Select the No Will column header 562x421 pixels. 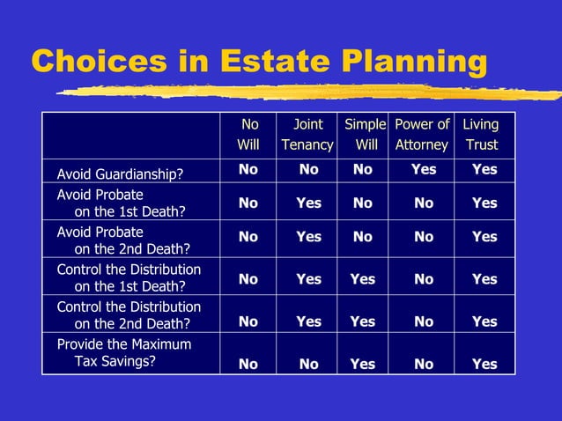(x=248, y=135)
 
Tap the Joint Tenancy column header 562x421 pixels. (x=307, y=135)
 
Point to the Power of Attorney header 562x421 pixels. (x=422, y=135)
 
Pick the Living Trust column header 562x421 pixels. (x=482, y=135)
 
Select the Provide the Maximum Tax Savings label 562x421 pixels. (x=123, y=351)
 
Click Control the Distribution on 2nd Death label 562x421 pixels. (x=129, y=315)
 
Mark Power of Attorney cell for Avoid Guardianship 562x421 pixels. (x=424, y=169)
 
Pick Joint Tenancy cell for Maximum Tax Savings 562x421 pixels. (x=308, y=364)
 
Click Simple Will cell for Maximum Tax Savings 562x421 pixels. (x=362, y=364)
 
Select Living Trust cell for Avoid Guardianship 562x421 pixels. (x=484, y=169)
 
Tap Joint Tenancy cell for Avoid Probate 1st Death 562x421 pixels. (x=308, y=203)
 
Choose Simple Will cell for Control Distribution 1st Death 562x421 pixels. (x=362, y=279)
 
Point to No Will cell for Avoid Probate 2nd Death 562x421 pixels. (x=248, y=236)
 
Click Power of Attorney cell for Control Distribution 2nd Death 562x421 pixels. (x=424, y=321)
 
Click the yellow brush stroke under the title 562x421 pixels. (x=308, y=91)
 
